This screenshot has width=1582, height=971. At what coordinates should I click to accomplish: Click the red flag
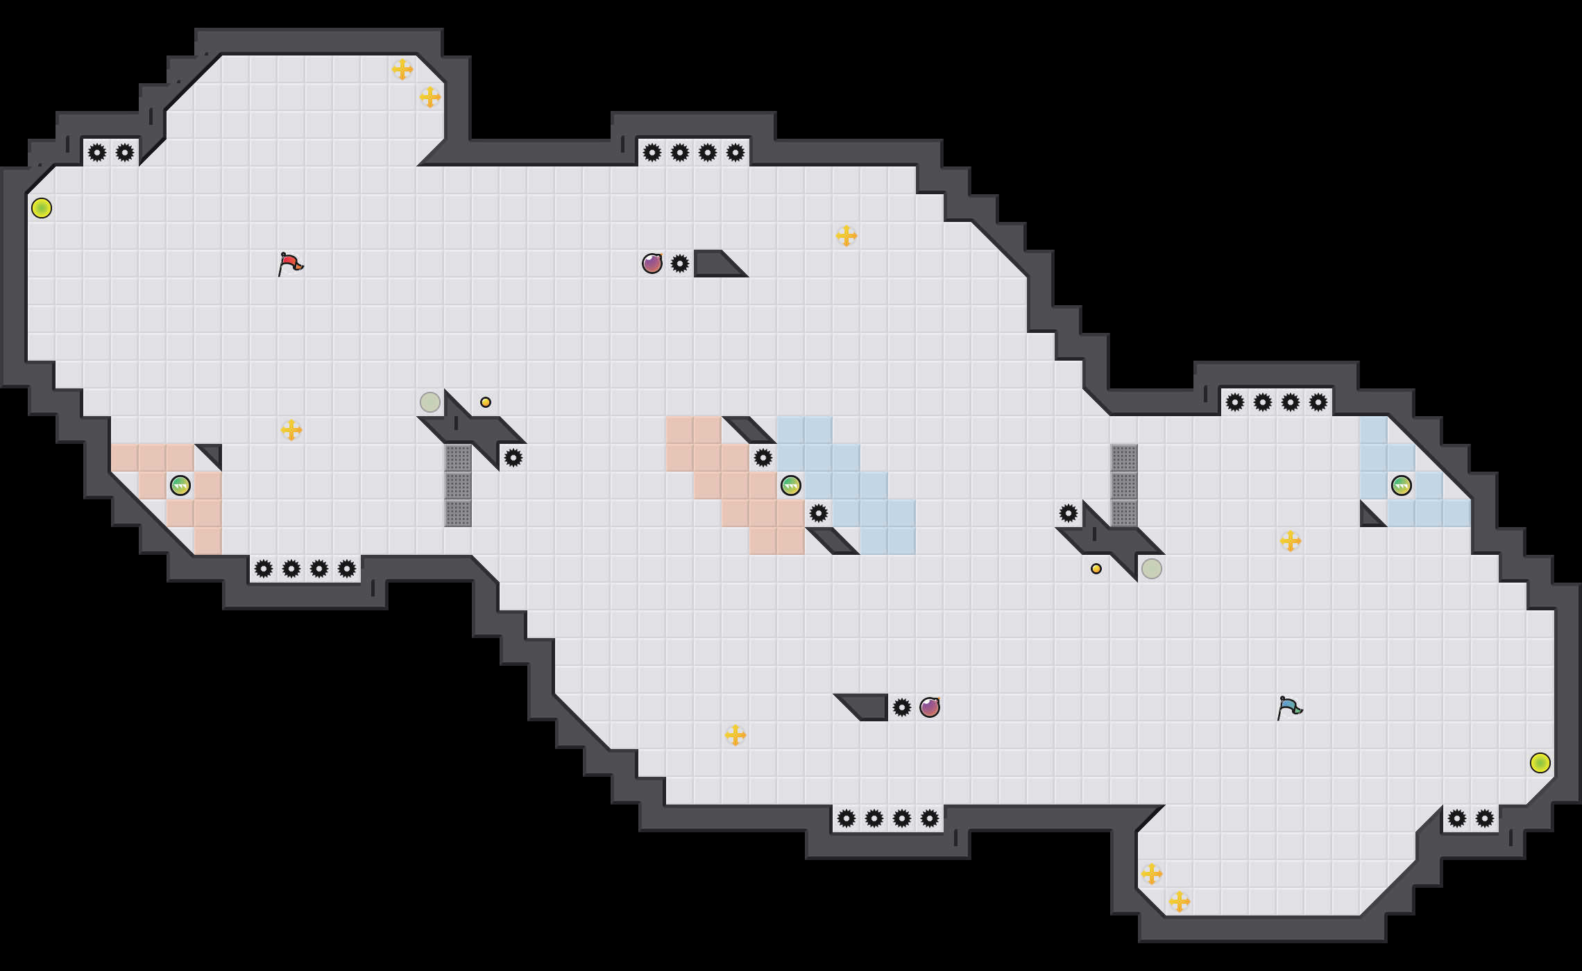tap(290, 264)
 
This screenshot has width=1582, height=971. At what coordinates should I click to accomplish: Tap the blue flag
tap(1289, 707)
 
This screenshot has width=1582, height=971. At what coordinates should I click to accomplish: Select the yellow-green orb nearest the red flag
tap(42, 208)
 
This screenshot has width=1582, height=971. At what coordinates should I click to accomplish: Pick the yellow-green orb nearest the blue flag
tap(1540, 763)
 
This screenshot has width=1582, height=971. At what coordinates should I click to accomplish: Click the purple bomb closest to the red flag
tap(652, 264)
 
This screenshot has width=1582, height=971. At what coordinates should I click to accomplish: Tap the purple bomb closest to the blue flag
tap(930, 707)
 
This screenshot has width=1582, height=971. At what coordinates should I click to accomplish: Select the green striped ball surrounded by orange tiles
tap(180, 486)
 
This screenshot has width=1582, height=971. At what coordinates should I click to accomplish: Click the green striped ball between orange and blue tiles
tap(791, 486)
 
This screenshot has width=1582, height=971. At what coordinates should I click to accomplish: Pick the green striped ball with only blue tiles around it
tap(1402, 486)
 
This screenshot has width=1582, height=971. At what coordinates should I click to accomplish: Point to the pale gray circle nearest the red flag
tap(430, 402)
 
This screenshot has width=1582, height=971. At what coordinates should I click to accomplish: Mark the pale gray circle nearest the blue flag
tap(1152, 569)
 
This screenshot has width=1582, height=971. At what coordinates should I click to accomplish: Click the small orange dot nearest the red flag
tap(486, 402)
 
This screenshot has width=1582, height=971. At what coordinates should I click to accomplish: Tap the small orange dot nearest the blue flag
tap(1096, 569)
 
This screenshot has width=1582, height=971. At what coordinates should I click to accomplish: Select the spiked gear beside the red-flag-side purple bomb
tap(680, 264)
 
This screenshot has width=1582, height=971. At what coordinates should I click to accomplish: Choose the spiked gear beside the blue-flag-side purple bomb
tap(902, 707)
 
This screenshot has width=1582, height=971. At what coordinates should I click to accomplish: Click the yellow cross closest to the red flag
tap(291, 430)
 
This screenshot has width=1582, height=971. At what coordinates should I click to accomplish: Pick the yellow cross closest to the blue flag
tap(1291, 541)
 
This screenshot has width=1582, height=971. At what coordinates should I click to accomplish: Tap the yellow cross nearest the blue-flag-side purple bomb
tap(735, 735)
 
